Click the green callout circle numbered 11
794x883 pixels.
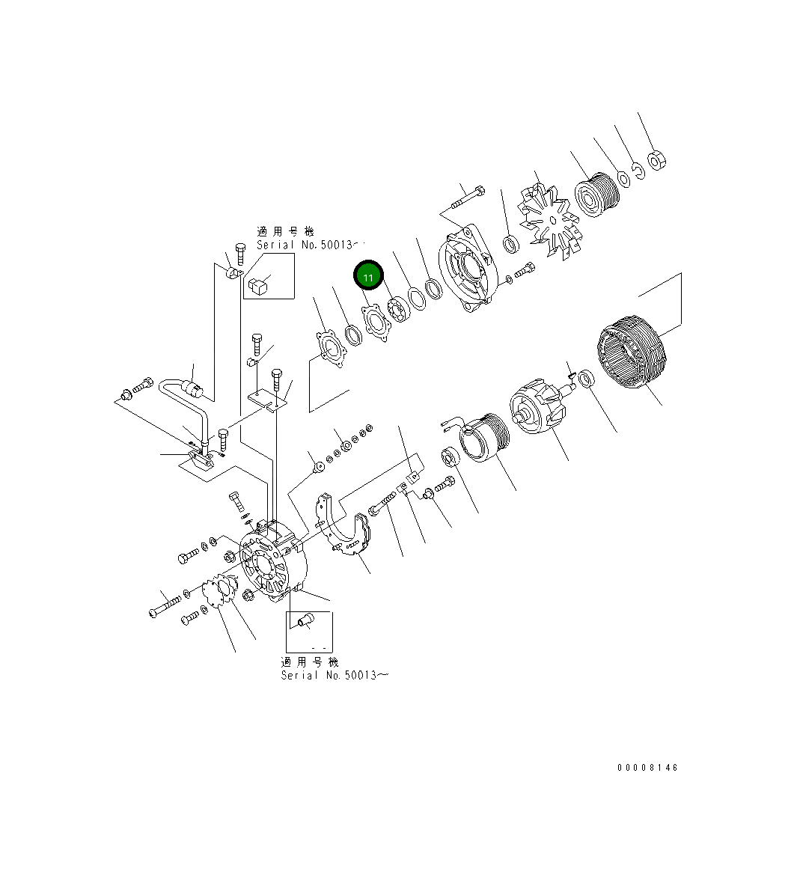[x=368, y=276]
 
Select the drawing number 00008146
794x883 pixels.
[x=647, y=768]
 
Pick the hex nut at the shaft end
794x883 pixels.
[x=657, y=159]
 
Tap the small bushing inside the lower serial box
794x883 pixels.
[x=305, y=621]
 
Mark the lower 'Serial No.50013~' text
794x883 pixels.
[x=334, y=675]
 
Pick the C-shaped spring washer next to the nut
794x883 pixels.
[x=636, y=171]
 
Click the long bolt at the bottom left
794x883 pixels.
[x=165, y=603]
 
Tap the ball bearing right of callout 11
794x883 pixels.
[x=397, y=310]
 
